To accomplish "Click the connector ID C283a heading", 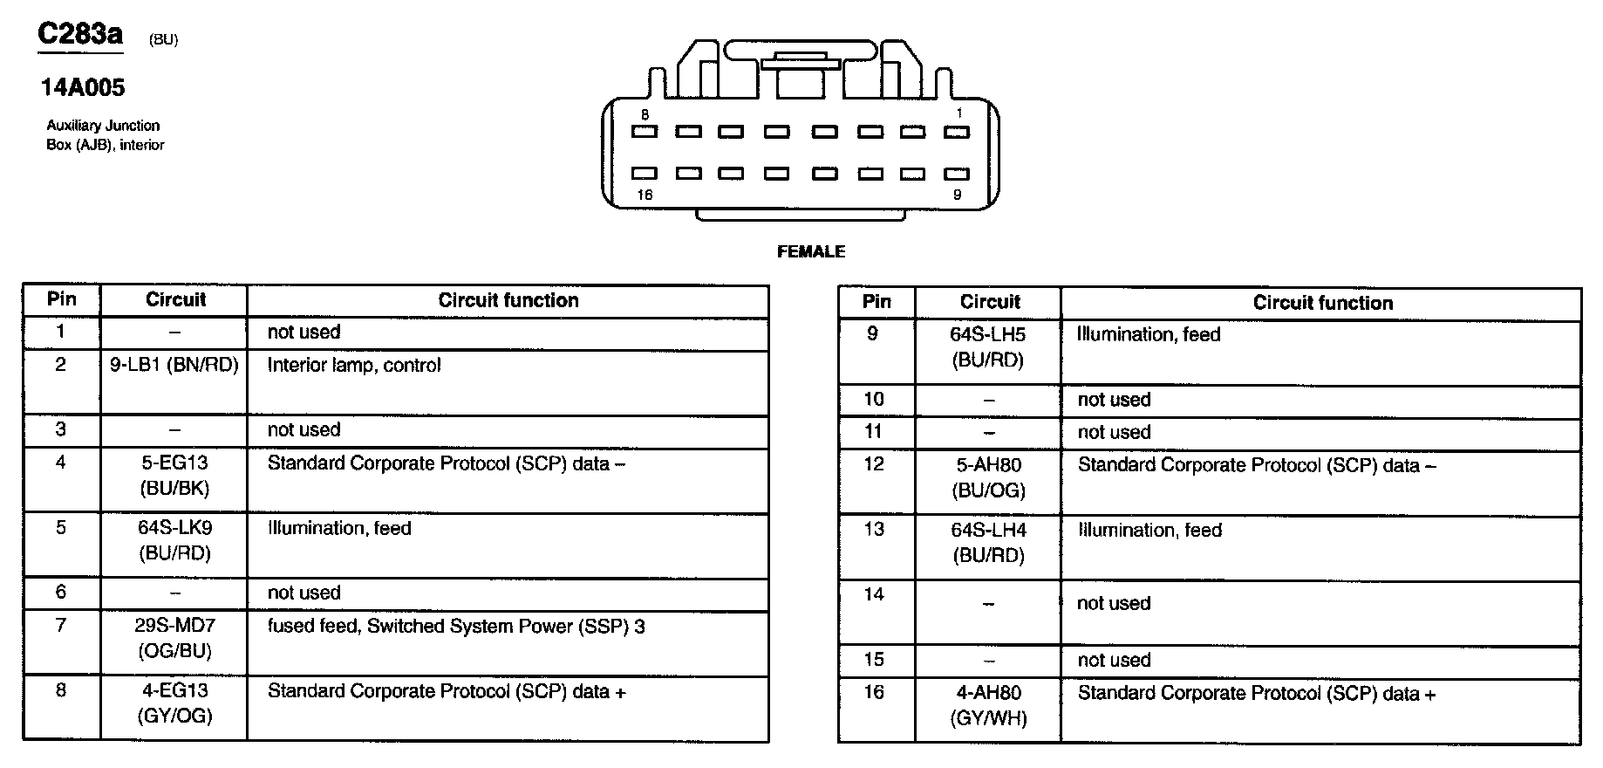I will [80, 35].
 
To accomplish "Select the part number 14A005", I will [83, 87].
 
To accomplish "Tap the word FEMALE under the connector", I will [811, 251].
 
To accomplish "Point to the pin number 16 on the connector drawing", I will [645, 195].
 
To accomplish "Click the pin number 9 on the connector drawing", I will [957, 195].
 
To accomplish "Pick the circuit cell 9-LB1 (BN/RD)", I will [174, 365].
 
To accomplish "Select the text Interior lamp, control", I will [354, 365].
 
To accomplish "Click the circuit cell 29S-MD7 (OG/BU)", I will [174, 638].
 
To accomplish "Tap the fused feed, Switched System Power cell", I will [456, 626].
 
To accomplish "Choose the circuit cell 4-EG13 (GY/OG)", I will [174, 703].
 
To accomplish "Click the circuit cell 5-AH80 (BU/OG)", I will [988, 477].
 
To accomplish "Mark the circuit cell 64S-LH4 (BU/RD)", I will [988, 542].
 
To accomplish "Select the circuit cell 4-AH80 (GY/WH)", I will [988, 705].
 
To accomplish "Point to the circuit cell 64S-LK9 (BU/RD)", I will [174, 540].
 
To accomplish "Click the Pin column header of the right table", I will [877, 302].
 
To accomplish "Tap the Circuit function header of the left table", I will [508, 300].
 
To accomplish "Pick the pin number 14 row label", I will [874, 594].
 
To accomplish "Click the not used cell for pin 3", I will [304, 429].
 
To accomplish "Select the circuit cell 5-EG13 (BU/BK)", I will [174, 476].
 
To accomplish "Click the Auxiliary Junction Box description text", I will [105, 135].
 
